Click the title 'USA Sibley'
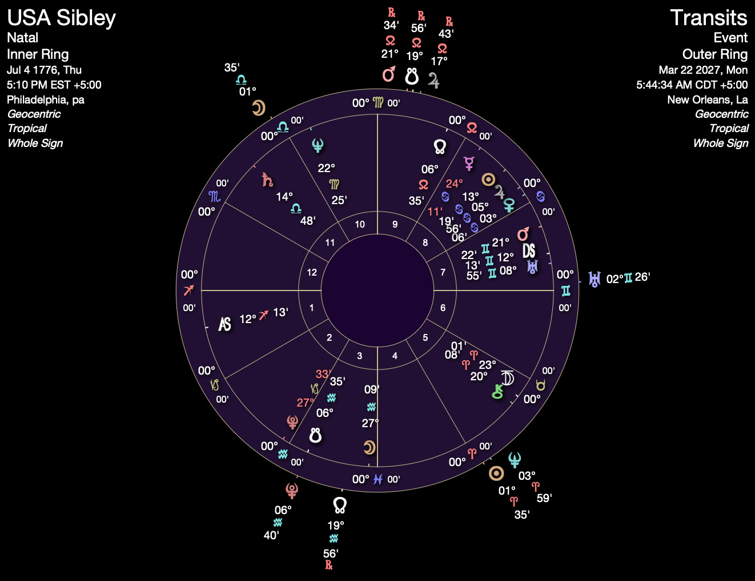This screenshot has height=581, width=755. coord(62,18)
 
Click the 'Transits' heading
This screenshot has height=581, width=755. coord(708,18)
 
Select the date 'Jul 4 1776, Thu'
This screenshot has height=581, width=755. coord(44,70)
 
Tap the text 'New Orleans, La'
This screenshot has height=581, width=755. coord(708,100)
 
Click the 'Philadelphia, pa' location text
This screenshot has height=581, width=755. coord(46,100)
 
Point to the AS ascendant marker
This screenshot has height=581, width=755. coord(225,324)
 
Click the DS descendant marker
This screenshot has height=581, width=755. coord(529,250)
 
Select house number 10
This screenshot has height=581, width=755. coord(360,224)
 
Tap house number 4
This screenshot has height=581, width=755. coord(395,356)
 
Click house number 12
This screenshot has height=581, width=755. coord(312,272)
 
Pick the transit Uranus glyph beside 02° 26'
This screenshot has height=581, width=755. coord(595,279)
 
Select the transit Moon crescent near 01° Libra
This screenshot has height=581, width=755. coord(259,108)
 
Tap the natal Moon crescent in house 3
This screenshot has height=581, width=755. coord(370,447)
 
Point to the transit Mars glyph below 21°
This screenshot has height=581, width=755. coord(389,74)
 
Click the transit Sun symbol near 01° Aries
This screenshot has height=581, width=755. coord(496,473)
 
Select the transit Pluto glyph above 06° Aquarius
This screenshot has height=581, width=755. coord(292,490)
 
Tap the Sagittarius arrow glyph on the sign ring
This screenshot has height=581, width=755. coord(189,290)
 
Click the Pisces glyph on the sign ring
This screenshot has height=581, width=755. coord(377,479)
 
